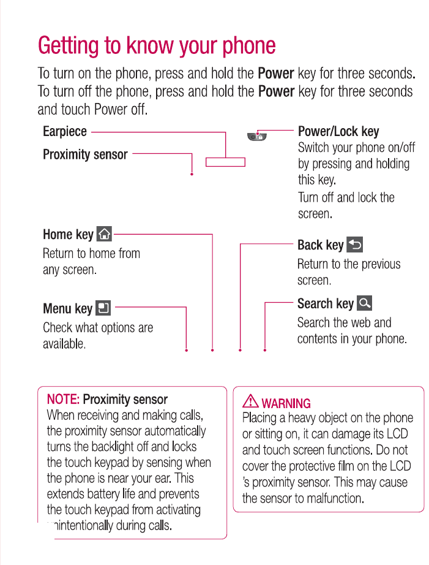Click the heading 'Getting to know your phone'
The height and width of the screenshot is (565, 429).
[157, 45]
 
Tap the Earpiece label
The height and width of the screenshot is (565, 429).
[65, 132]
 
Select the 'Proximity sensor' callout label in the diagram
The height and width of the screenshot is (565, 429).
[85, 154]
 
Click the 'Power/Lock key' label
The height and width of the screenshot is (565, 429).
[338, 132]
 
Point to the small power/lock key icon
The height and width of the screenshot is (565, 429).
[255, 137]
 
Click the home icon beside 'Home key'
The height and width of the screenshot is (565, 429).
[105, 233]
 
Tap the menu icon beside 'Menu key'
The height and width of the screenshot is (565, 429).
[103, 308]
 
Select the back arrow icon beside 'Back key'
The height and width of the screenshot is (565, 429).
[355, 245]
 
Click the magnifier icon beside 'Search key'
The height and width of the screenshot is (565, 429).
[364, 303]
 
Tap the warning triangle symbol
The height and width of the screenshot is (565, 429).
[250, 402]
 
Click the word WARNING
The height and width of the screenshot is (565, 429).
[286, 403]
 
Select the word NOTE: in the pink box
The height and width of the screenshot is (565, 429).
[63, 400]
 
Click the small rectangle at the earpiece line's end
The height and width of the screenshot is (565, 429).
[225, 162]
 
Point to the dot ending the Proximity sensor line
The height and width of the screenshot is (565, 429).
[192, 175]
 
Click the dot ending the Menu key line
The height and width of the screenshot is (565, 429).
[186, 351]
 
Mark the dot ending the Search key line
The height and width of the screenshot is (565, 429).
[265, 351]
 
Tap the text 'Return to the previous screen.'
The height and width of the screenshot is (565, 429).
[348, 272]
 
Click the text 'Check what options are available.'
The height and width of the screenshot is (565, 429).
[97, 335]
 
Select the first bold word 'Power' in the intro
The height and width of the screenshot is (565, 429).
[276, 74]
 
